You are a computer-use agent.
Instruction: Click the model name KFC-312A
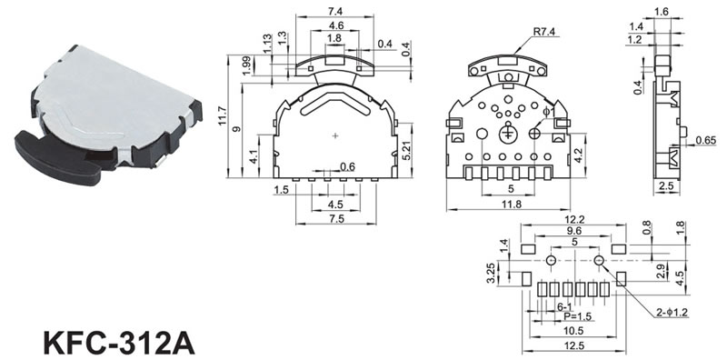coord(119,344)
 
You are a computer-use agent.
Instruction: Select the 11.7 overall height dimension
coord(222,116)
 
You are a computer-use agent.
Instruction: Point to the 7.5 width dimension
coord(336,219)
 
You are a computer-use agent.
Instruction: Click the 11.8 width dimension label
coord(508,205)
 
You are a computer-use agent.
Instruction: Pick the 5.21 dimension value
coord(406,150)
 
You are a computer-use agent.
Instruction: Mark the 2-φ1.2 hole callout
coord(672,313)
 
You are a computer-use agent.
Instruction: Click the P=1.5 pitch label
coord(576,316)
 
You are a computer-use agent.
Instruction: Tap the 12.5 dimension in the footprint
coord(574,345)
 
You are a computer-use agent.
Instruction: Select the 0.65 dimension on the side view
coord(706,140)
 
